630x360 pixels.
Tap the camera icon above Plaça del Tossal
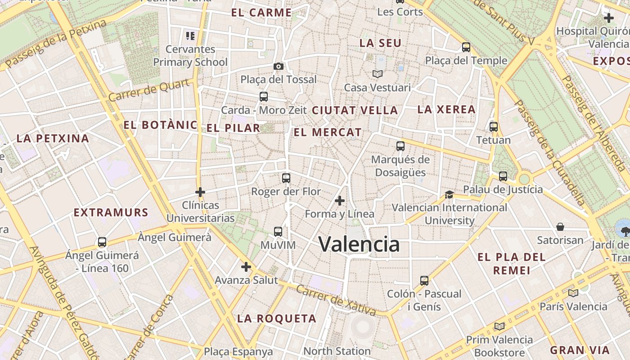pos(279,67)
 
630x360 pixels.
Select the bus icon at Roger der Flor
pos(286,178)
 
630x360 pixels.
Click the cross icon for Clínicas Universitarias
pos(200,192)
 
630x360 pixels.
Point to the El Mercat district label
pos(328,132)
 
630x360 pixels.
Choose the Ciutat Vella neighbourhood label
pos(355,110)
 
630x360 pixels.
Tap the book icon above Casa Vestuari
pos(377,74)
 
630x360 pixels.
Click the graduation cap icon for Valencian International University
pos(449,194)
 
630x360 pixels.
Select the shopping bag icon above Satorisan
pos(560,227)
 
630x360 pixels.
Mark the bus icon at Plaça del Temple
pos(466,47)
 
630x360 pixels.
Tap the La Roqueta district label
pos(277,319)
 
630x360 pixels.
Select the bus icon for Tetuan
pos(494,127)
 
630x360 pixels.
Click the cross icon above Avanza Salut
pos(246,267)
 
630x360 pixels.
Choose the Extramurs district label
pos(111,212)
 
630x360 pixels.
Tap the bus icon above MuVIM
pos(278,232)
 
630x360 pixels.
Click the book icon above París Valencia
pos(573,293)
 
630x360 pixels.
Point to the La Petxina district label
pos(53,138)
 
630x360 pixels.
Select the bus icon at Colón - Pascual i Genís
pos(424,281)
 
